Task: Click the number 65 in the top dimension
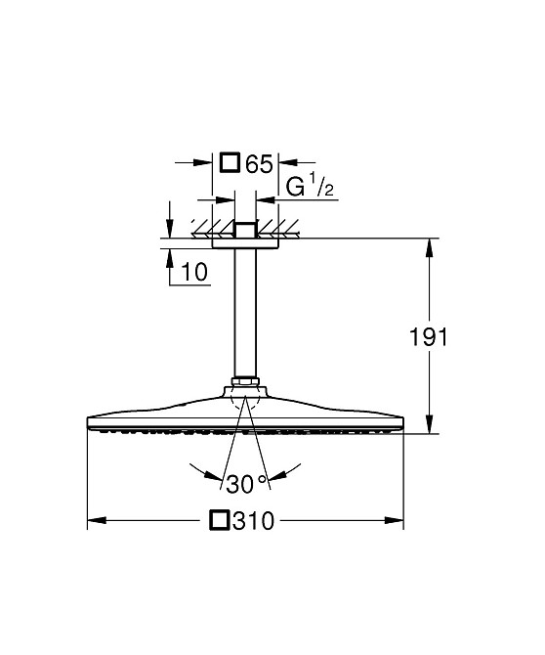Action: click(259, 163)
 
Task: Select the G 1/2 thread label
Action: click(311, 187)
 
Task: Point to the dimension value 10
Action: click(195, 274)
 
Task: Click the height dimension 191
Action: click(428, 337)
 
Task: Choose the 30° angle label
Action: click(245, 483)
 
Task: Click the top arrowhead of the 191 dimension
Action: click(429, 244)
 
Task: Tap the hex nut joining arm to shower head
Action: click(245, 382)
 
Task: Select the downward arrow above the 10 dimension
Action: click(170, 226)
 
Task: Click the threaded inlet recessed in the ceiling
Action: click(245, 229)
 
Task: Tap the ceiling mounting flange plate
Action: click(245, 242)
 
